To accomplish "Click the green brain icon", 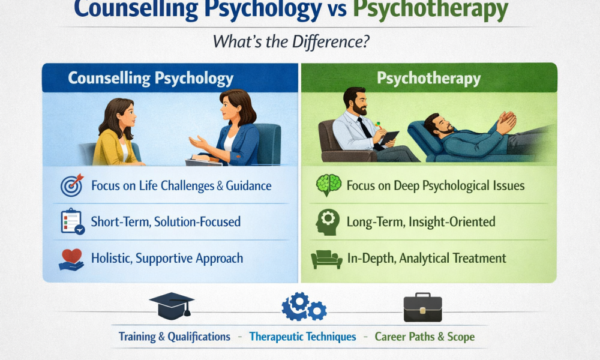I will pos(329,185).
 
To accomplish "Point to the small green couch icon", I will pos(328,259).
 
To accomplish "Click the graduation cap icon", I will pos(171,307).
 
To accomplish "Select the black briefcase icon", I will pos(424,307).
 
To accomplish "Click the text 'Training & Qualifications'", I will pos(174,337).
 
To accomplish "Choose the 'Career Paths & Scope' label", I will pos(425,337).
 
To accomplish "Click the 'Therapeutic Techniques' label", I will pos(303,337).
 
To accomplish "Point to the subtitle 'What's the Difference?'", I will pos(299,44).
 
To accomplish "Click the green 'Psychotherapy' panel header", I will pos(428,78).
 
